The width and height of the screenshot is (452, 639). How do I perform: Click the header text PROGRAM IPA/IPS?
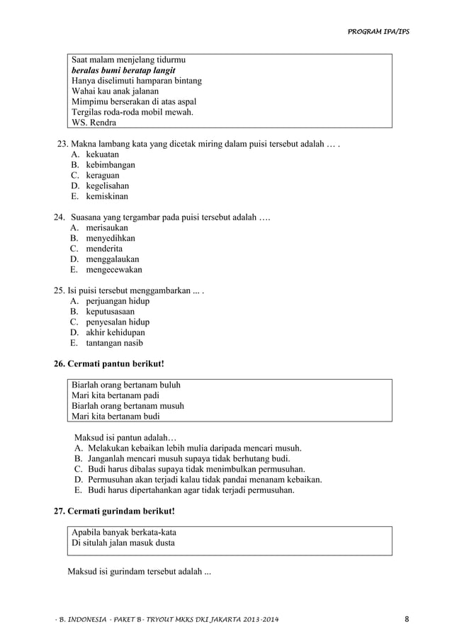[x=379, y=32]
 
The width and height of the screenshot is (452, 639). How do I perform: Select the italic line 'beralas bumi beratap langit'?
[x=124, y=71]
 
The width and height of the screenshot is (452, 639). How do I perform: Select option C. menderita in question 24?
[x=96, y=249]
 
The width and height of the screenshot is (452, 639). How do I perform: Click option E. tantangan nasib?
[x=106, y=343]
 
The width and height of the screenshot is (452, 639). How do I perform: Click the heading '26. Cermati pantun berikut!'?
[x=109, y=363]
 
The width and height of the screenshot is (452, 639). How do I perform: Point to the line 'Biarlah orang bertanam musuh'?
[x=128, y=406]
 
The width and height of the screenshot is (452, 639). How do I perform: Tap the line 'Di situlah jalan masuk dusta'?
[x=124, y=543]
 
